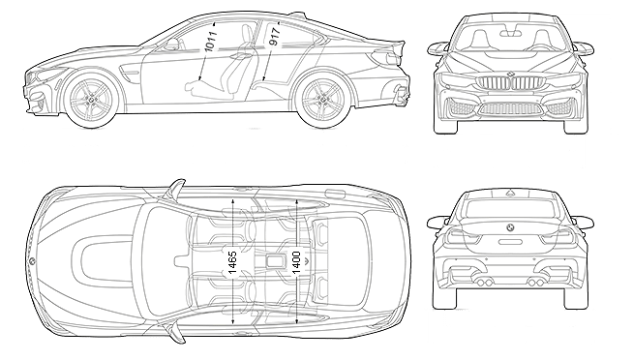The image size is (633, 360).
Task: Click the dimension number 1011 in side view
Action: coord(211,41)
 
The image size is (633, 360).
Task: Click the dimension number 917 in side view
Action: coord(275,37)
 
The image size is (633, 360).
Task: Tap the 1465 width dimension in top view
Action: coord(232,262)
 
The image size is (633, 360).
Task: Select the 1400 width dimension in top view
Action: coord(296,262)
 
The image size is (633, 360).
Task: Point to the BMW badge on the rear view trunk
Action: coord(510,228)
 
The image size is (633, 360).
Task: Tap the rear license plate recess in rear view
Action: coord(510,242)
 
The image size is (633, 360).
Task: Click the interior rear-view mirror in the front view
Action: coord(510,34)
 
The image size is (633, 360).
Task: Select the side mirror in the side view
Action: coord(171,44)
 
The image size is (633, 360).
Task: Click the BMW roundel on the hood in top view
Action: coord(32,261)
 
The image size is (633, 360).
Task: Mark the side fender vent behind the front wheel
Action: coord(130,75)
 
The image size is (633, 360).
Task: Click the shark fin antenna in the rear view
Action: coord(510,192)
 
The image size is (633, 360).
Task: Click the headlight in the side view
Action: coord(47,74)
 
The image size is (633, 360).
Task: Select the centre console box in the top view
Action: coord(275,260)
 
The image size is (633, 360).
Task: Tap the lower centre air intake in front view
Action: coord(510,108)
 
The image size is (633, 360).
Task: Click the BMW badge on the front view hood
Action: coord(510,74)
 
